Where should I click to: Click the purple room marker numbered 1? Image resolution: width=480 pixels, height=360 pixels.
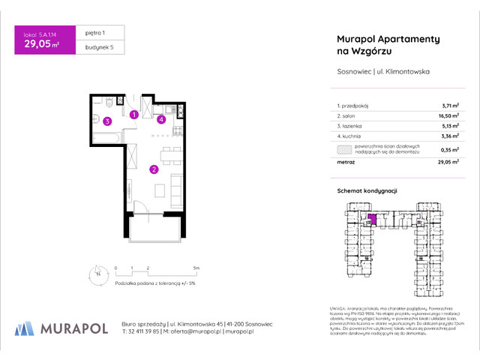pos(133,115)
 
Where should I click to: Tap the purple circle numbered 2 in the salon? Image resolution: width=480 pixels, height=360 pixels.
pos(153,169)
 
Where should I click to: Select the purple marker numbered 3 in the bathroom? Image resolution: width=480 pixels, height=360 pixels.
pos(108,121)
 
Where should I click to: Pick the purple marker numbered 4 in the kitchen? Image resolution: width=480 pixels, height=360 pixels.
pos(161,119)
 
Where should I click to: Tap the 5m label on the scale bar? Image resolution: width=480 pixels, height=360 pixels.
pos(196,267)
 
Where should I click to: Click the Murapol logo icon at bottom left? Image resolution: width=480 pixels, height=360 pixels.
pos(24,328)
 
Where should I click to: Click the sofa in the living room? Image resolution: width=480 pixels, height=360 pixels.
pos(175,192)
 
